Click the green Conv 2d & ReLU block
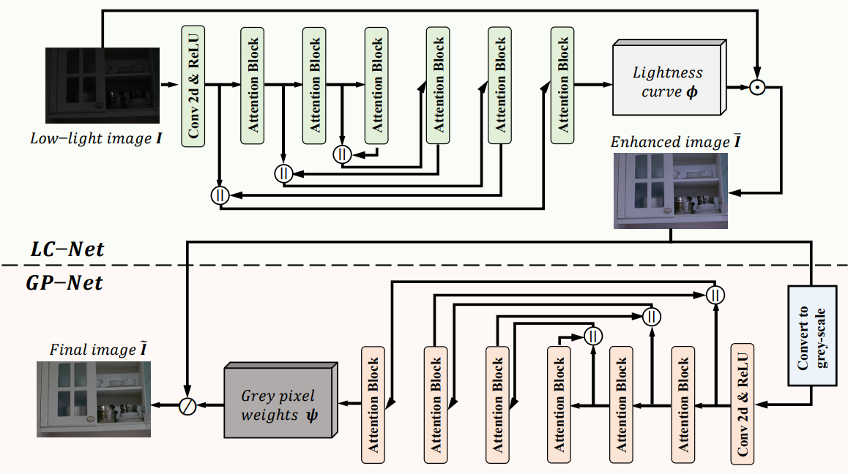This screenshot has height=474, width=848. (x=193, y=85)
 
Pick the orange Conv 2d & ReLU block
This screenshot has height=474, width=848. (x=743, y=404)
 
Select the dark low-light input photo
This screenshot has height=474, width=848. (x=103, y=86)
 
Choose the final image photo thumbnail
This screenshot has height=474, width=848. (x=94, y=399)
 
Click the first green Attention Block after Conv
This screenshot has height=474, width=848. (x=253, y=86)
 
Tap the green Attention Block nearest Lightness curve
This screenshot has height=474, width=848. (x=563, y=85)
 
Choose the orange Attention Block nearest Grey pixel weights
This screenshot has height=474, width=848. (x=373, y=404)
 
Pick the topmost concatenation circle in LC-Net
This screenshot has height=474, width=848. (x=342, y=154)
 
